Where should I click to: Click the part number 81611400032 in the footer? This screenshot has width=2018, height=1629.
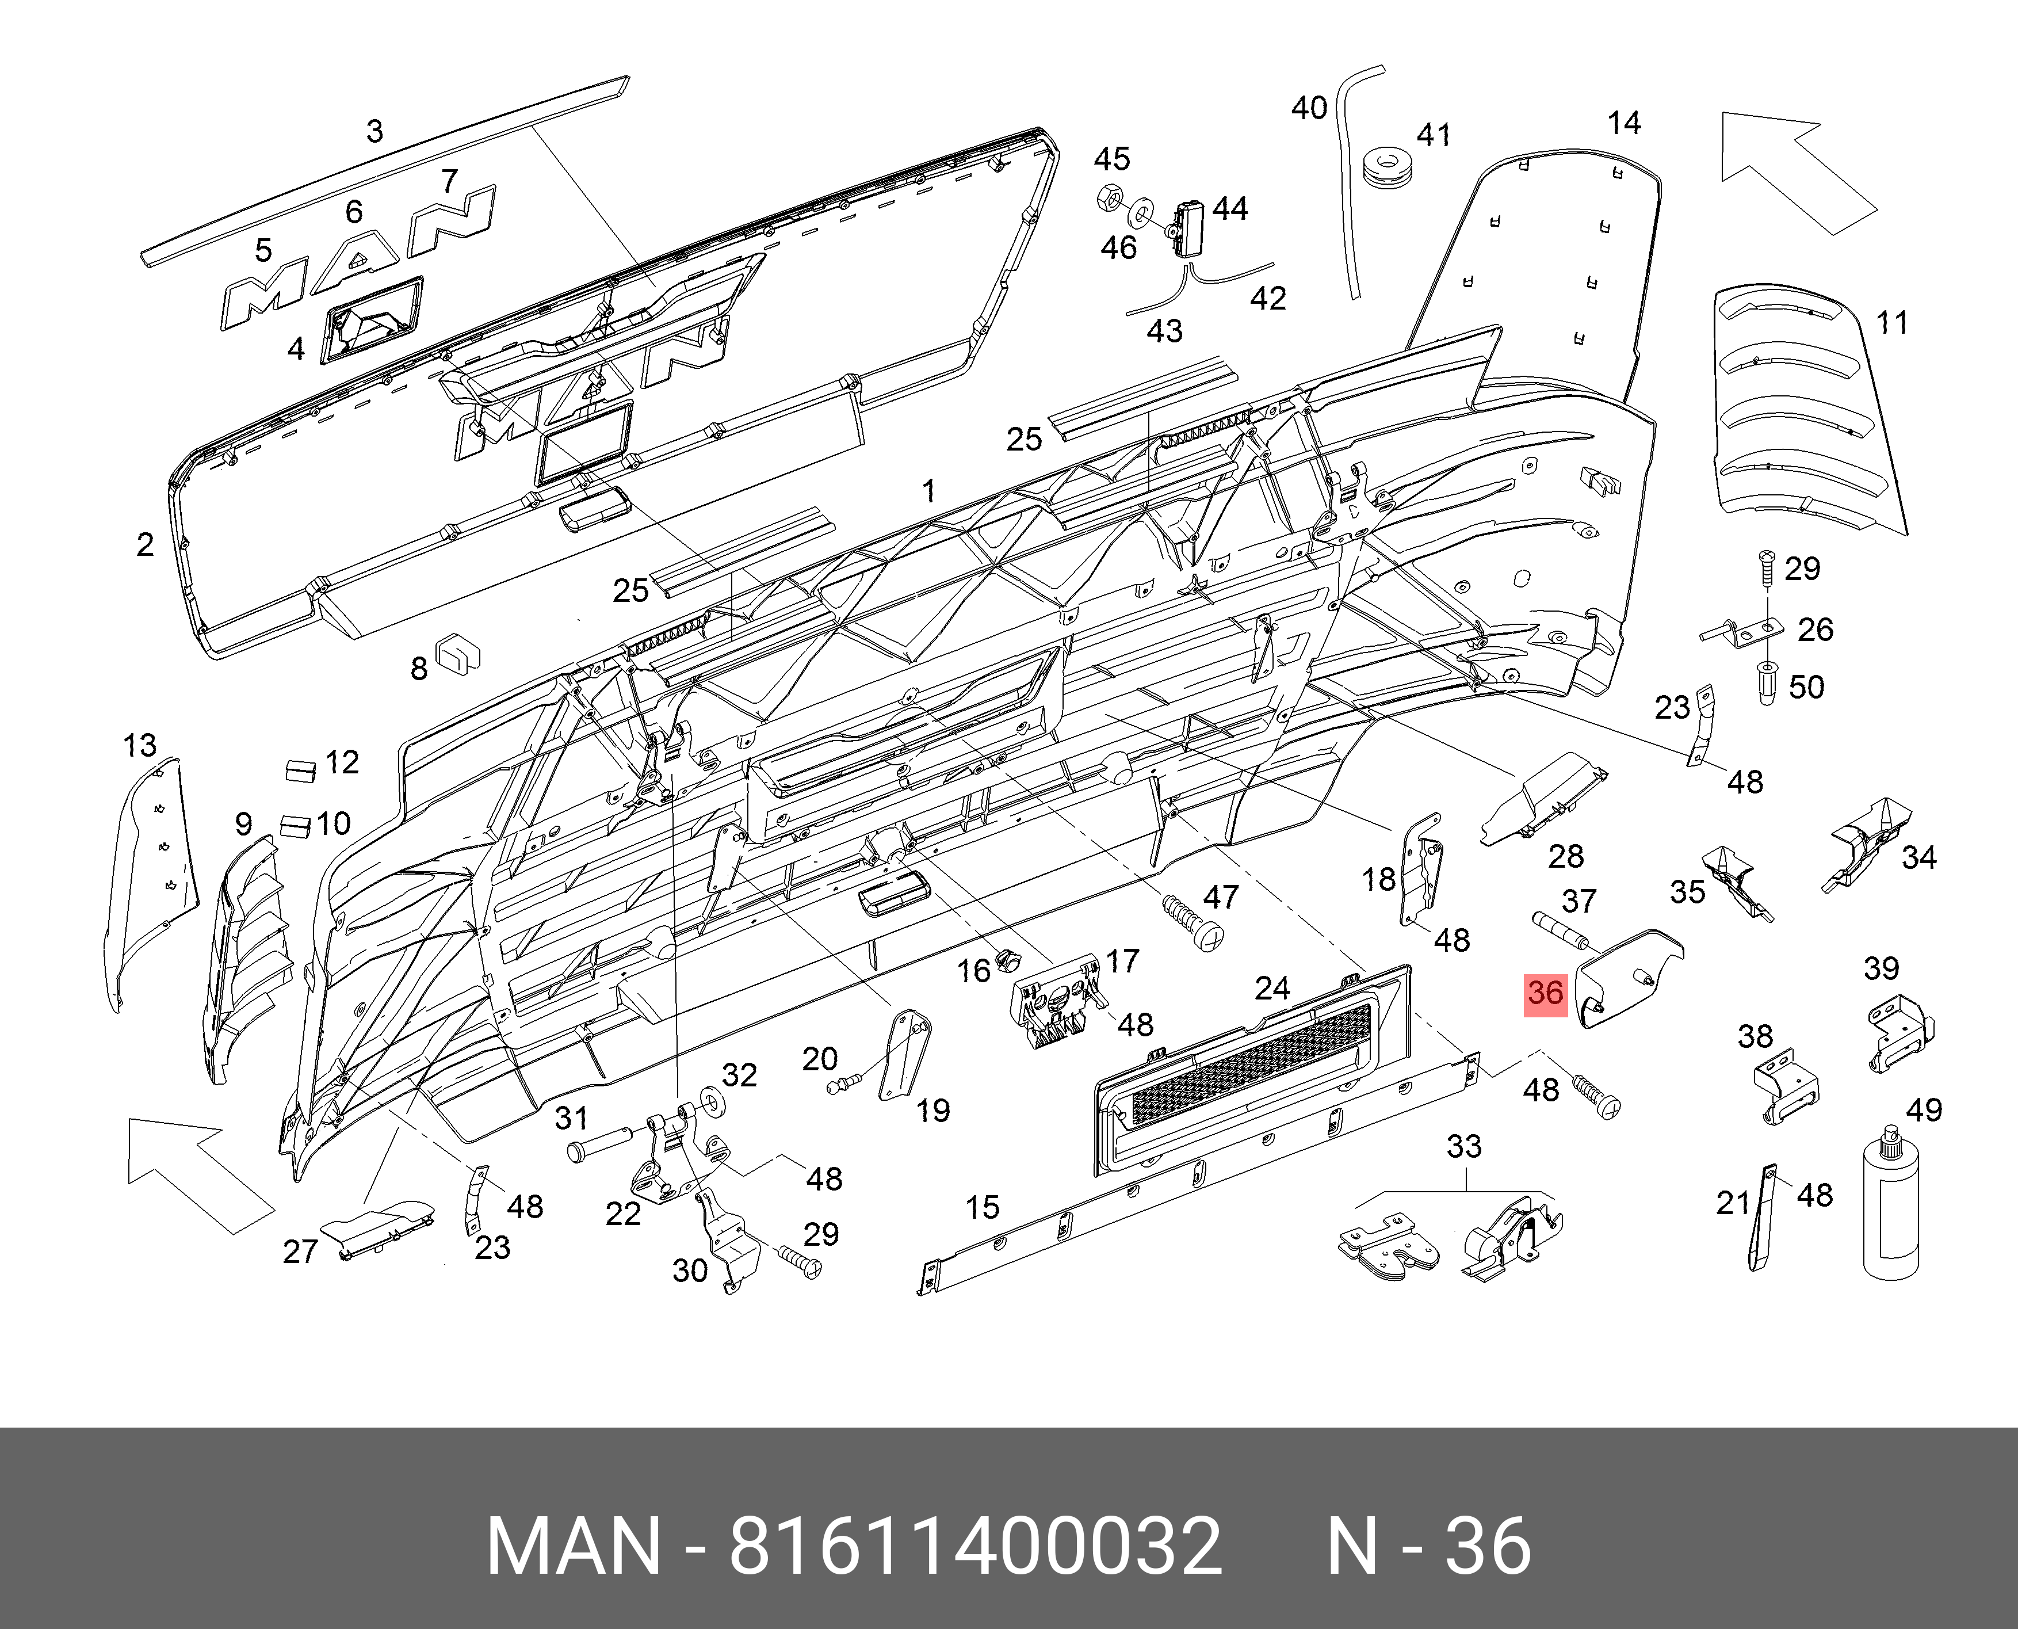point(976,1546)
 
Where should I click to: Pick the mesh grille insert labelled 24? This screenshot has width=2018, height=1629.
point(1252,1070)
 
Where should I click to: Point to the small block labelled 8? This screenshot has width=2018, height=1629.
point(458,650)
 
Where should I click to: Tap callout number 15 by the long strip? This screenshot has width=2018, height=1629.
point(983,1208)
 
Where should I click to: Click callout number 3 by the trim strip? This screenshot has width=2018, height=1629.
point(374,131)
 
